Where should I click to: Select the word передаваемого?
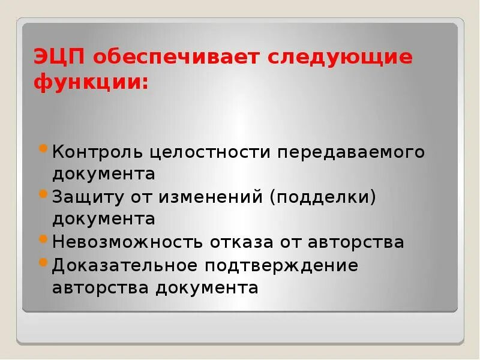(x=350, y=152)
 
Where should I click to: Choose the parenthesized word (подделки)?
(x=323, y=197)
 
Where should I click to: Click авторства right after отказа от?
(x=356, y=242)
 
